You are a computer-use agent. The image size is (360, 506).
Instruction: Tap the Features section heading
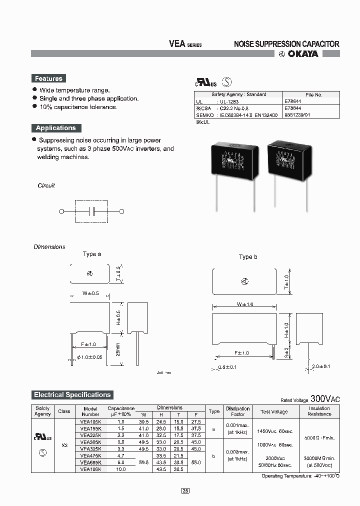[48, 78]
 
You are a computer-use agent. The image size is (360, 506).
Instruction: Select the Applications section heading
[55, 128]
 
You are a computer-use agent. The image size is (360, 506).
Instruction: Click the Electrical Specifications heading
[72, 395]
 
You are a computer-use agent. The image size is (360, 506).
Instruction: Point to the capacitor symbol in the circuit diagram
[91, 211]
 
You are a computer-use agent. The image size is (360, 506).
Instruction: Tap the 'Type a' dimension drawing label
[92, 254]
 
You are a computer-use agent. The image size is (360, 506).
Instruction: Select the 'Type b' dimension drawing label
[248, 257]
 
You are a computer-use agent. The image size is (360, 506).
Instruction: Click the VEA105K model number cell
[90, 422]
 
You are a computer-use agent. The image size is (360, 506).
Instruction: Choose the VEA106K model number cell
[90, 469]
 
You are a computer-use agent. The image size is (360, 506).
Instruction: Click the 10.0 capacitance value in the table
[120, 469]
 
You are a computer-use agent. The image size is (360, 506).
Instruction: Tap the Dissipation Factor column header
[238, 411]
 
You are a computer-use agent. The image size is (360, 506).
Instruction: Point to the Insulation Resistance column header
[319, 411]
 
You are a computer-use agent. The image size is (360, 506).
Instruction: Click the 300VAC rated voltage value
[325, 398]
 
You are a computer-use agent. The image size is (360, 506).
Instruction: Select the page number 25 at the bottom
[185, 491]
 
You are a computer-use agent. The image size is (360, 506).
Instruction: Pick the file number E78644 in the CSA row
[293, 107]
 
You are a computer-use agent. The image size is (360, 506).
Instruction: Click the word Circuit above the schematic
[46, 185]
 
